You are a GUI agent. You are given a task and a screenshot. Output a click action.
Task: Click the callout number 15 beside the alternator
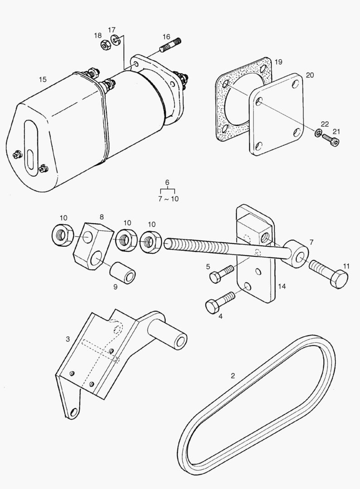coord(42,80)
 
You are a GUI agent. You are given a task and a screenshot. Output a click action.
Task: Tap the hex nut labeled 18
coord(103,45)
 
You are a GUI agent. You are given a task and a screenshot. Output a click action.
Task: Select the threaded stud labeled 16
coord(170,44)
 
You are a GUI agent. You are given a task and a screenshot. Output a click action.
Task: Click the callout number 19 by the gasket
coord(278,61)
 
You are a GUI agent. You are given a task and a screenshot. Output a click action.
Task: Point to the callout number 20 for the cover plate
coord(309,75)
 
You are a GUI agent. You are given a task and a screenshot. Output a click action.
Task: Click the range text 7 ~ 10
coord(168,199)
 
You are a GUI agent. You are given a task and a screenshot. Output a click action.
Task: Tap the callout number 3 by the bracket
coord(67,339)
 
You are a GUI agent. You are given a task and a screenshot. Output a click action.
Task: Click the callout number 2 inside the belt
coord(233,375)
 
